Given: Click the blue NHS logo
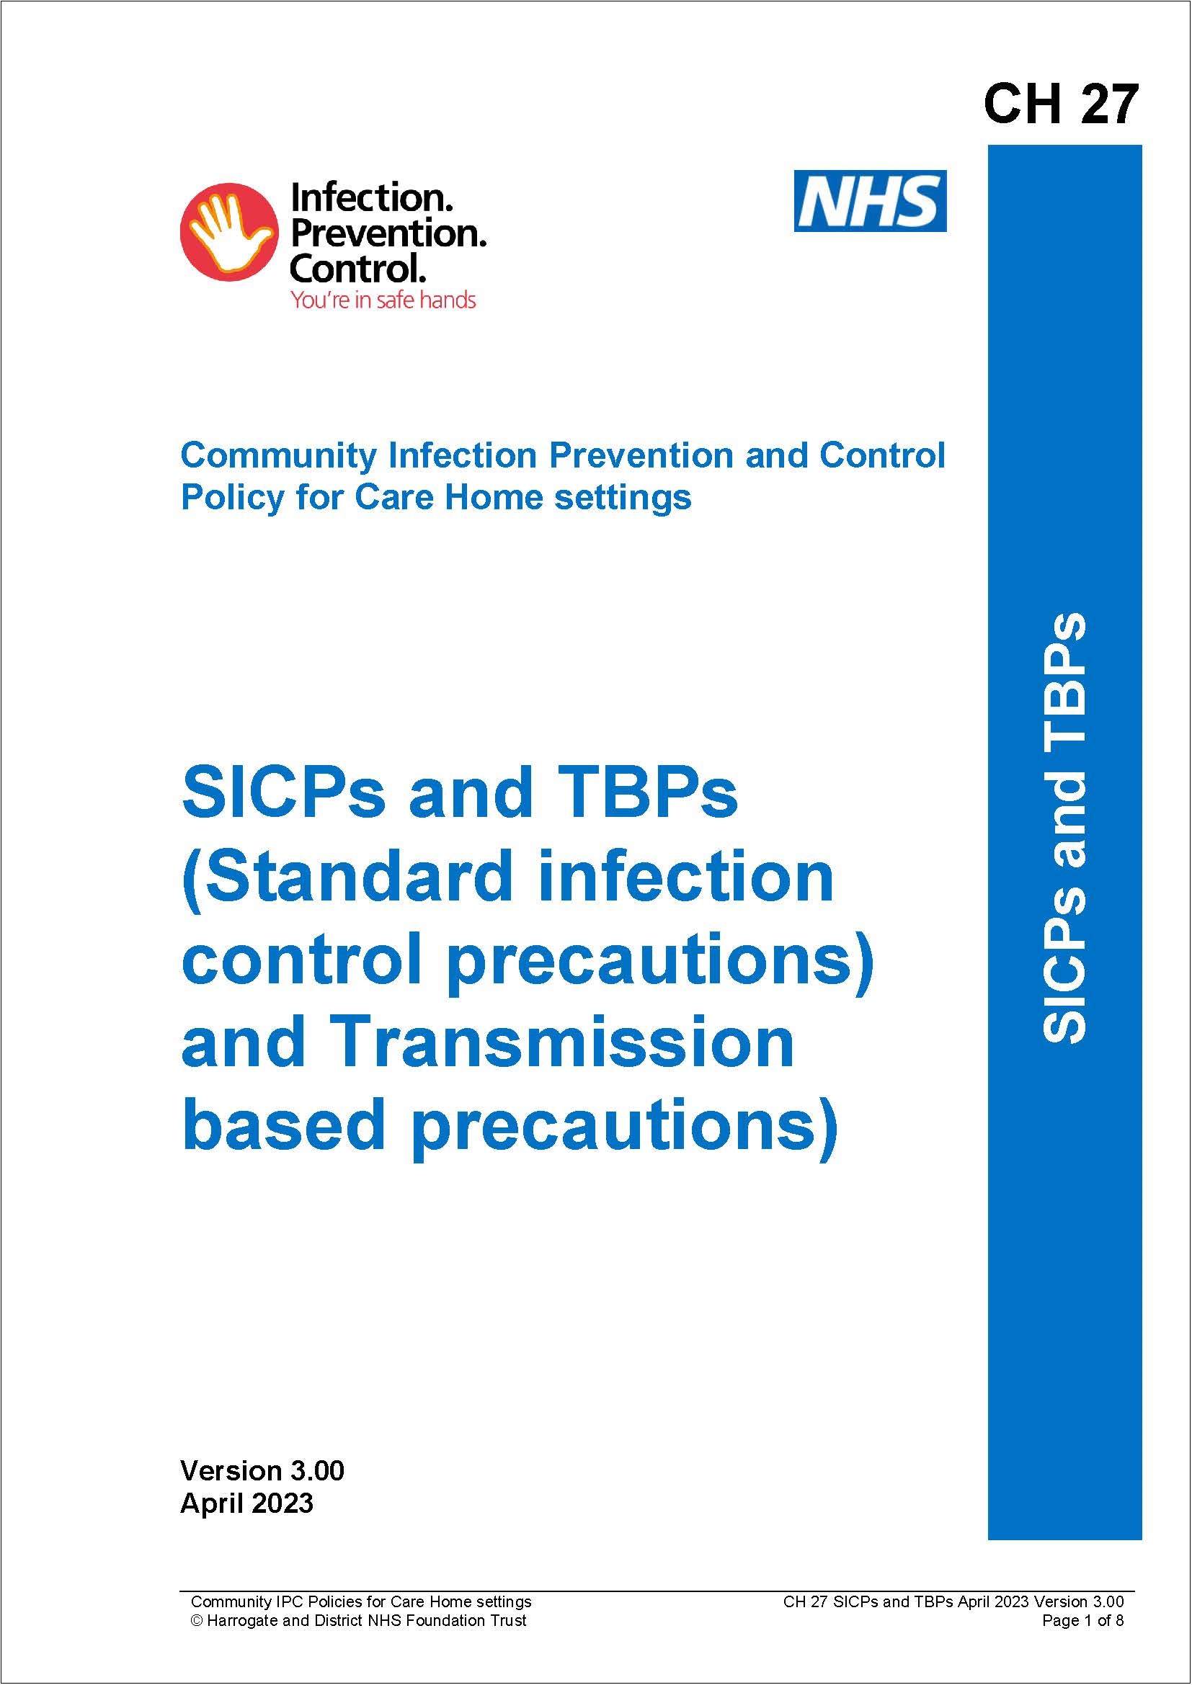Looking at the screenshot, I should [870, 201].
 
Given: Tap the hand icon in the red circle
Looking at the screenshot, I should [228, 232].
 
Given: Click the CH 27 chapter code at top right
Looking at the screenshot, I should [1060, 104].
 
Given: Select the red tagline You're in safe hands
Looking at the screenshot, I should [383, 300].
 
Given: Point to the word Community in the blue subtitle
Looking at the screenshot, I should [278, 457].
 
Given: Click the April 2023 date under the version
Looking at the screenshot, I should [246, 1503].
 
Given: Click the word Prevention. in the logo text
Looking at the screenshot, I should [388, 234].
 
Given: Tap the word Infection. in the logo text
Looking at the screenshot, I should [371, 199].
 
